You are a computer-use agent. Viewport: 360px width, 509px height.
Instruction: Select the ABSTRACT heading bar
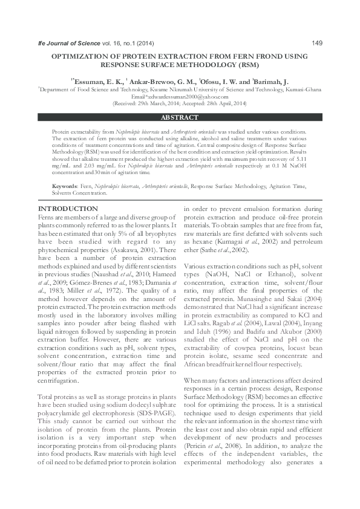[180, 117]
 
